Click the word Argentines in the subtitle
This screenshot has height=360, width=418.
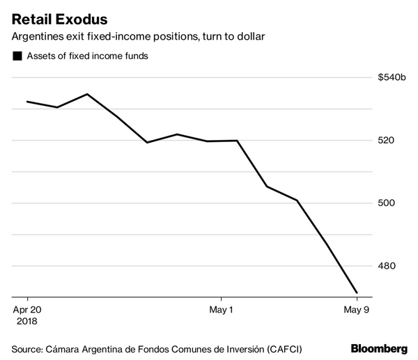tap(38, 35)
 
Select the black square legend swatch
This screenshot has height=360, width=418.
tap(17, 57)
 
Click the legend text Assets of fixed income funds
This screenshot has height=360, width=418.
tap(88, 57)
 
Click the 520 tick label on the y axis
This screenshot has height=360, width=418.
tap(387, 140)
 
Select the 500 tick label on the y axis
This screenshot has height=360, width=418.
tap(387, 203)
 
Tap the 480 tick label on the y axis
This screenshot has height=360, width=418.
tap(387, 265)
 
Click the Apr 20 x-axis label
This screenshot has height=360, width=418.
tap(27, 309)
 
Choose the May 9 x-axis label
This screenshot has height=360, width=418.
tap(357, 309)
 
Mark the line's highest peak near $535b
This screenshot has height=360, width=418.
tap(87, 94)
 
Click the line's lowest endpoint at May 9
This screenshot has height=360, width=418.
tap(357, 293)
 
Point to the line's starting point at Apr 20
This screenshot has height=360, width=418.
tap(26, 102)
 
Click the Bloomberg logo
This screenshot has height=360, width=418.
tap(379, 347)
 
